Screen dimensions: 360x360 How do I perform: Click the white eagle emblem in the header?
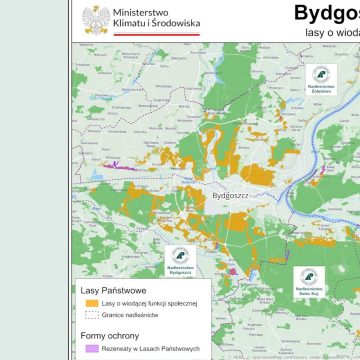pyautogui.click(x=96, y=18)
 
